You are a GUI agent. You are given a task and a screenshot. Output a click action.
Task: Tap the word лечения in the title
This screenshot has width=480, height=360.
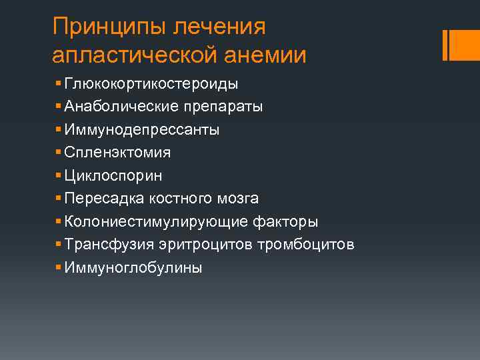[219, 28]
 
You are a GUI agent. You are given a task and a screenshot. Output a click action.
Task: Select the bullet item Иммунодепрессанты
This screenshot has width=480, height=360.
[142, 130]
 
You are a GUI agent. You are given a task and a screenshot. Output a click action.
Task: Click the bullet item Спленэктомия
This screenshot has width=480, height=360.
[117, 153]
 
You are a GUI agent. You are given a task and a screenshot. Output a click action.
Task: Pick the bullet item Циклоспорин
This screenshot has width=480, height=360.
[113, 176]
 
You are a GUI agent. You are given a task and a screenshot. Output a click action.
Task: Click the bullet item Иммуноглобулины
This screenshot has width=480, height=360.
[133, 268]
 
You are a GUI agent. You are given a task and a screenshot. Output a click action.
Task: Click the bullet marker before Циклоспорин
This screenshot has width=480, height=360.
[59, 176]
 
